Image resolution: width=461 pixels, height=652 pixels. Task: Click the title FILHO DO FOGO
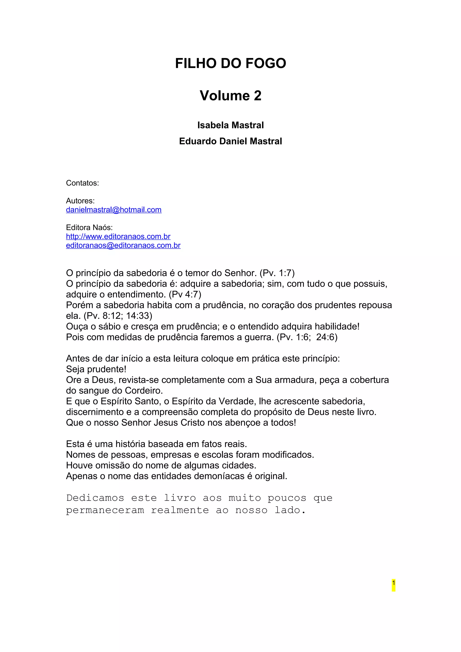click(230, 63)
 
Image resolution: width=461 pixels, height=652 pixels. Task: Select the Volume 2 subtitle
click(230, 95)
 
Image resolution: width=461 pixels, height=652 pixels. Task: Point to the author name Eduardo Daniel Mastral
click(230, 141)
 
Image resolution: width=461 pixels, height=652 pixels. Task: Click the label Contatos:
click(82, 183)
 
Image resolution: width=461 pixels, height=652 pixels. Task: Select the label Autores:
click(80, 201)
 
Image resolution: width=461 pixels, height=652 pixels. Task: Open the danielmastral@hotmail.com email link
click(114, 210)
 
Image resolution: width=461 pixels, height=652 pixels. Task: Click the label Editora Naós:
click(89, 227)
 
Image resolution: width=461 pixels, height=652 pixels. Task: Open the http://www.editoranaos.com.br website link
click(118, 236)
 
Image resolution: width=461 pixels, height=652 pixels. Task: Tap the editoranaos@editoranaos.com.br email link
click(123, 245)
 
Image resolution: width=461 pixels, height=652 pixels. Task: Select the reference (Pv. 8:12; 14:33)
click(118, 316)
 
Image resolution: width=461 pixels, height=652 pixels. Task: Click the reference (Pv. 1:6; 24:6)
click(307, 337)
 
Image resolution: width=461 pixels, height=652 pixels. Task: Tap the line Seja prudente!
click(96, 369)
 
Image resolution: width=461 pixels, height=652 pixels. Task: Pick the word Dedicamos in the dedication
click(95, 498)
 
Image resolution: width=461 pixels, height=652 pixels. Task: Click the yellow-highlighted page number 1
click(393, 583)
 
